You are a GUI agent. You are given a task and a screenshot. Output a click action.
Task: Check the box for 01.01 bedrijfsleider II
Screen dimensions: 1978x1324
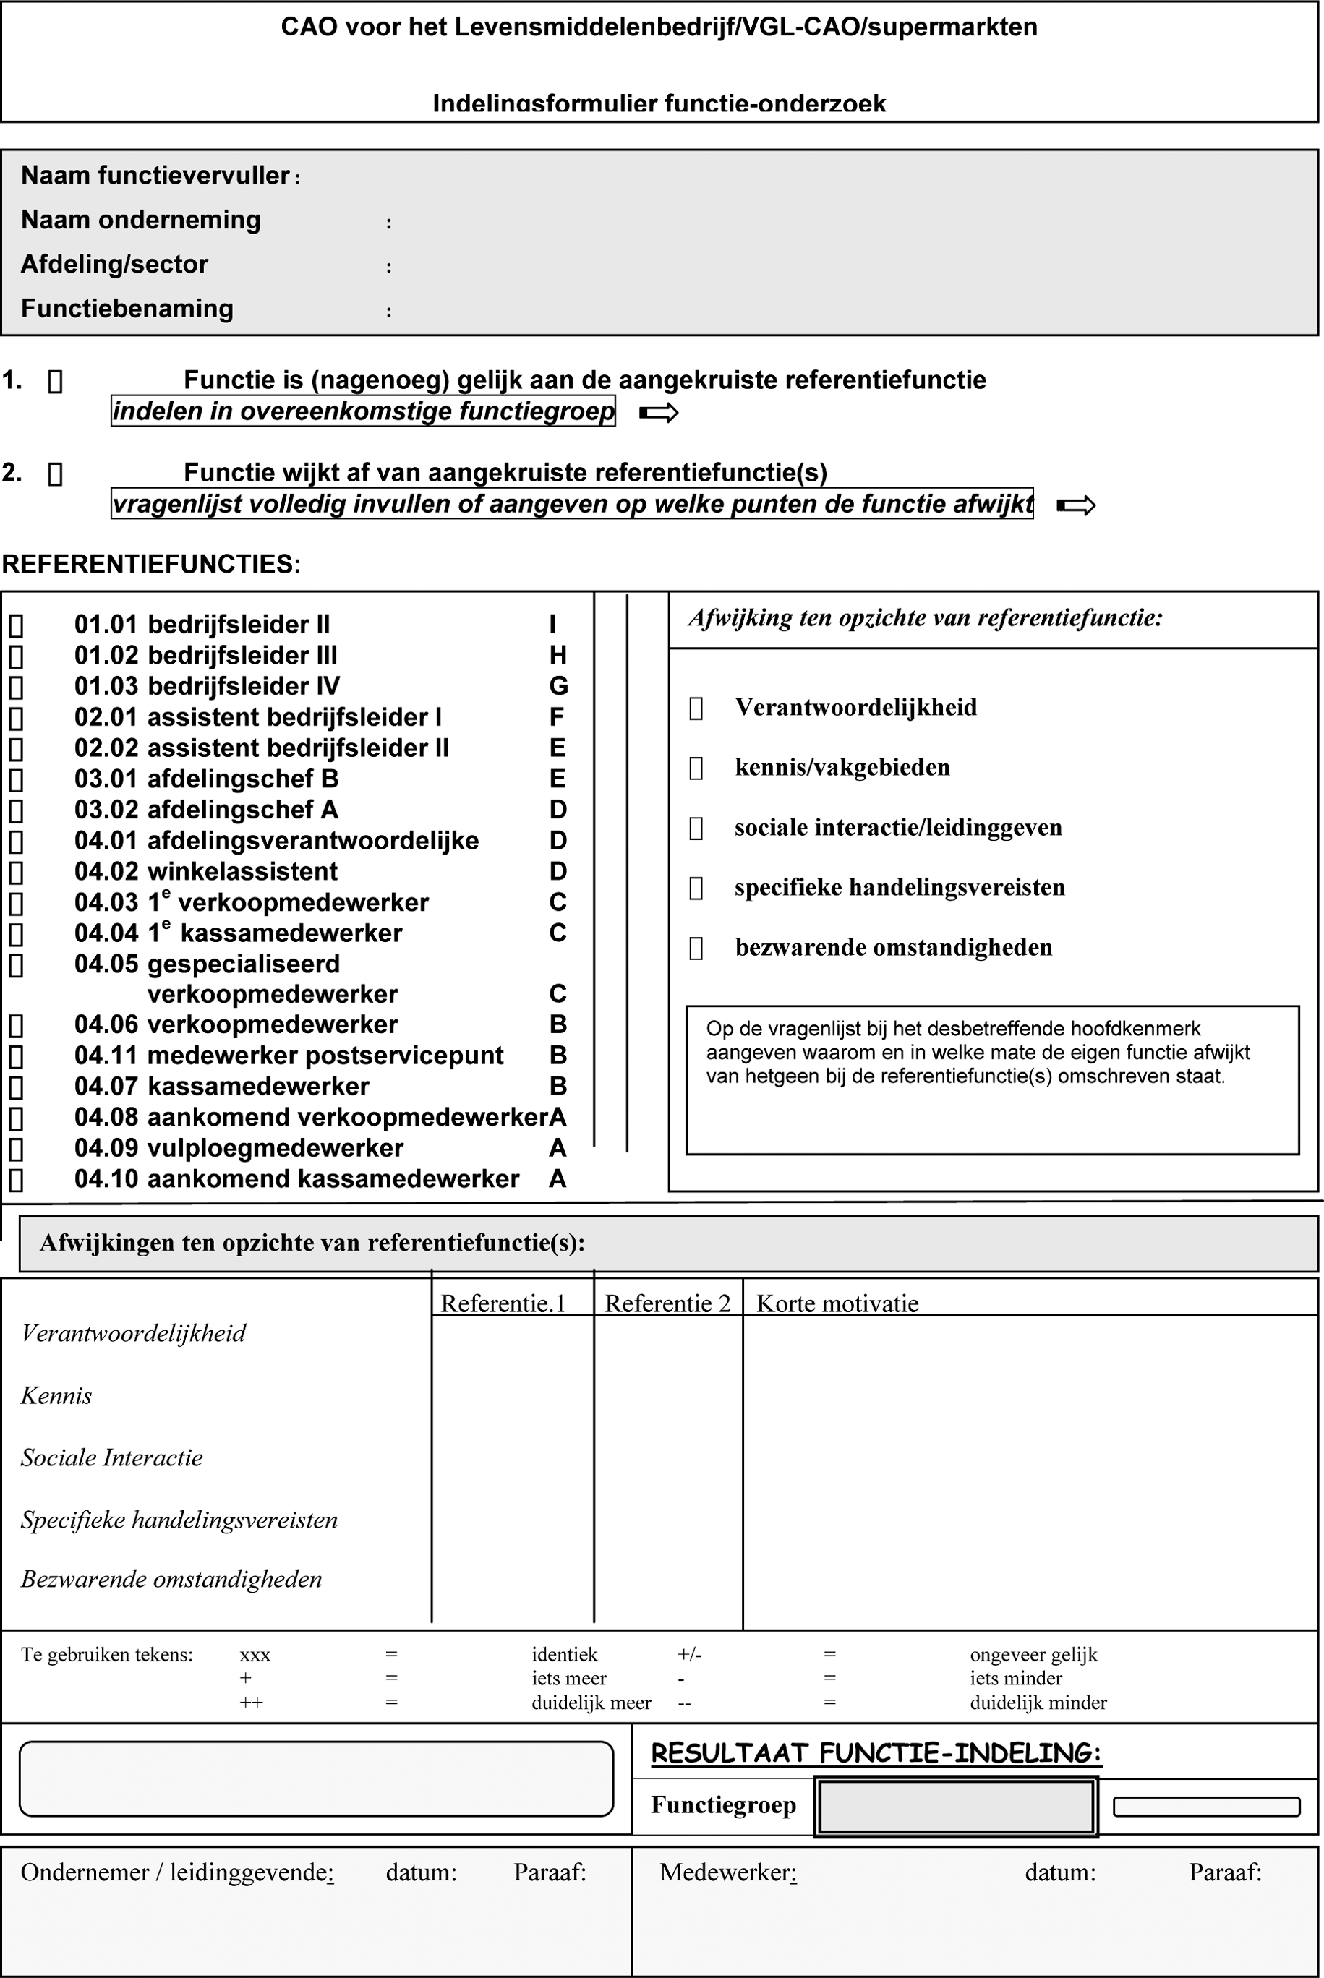click(x=16, y=625)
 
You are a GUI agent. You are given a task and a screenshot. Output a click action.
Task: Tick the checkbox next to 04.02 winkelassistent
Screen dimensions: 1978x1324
click(x=16, y=872)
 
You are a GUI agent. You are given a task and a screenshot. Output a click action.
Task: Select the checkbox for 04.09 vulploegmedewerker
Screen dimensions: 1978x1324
click(x=16, y=1149)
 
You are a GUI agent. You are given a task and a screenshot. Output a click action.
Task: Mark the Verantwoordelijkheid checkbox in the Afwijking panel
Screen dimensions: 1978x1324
click(x=696, y=708)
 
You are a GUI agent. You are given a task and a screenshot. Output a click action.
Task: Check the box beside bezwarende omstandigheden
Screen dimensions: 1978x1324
click(x=696, y=948)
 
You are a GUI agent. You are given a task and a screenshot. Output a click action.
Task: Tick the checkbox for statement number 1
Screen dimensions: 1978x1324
click(x=55, y=382)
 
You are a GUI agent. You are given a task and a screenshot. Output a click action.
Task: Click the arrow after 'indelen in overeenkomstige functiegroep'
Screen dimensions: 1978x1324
click(x=659, y=413)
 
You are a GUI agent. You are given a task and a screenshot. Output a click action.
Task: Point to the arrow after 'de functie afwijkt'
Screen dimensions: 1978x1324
click(x=1076, y=505)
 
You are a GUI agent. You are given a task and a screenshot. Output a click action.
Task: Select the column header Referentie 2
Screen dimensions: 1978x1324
click(x=667, y=1303)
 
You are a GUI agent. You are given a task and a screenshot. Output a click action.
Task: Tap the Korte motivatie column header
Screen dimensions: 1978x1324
click(x=837, y=1303)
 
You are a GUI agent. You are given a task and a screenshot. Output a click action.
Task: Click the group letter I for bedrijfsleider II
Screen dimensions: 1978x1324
click(x=553, y=625)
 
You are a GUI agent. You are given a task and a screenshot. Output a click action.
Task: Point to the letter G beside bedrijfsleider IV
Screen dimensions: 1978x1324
click(x=558, y=686)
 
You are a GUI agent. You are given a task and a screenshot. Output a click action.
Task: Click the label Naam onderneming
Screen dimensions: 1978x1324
click(x=141, y=221)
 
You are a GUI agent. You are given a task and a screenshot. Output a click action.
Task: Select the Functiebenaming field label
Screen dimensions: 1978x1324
click(x=127, y=309)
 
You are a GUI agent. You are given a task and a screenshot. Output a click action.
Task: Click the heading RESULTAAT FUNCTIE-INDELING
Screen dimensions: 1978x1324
click(x=876, y=1753)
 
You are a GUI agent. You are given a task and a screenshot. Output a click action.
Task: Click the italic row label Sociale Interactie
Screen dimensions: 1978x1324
click(x=112, y=1458)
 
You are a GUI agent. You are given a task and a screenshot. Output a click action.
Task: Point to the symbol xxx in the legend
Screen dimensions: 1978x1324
click(x=255, y=1655)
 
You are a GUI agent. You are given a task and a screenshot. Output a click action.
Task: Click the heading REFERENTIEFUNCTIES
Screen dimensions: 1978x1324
click(x=151, y=564)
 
